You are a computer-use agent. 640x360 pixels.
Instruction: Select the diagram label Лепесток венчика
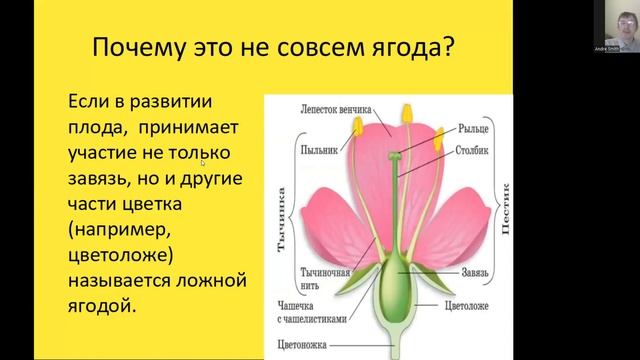[x=335, y=107]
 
